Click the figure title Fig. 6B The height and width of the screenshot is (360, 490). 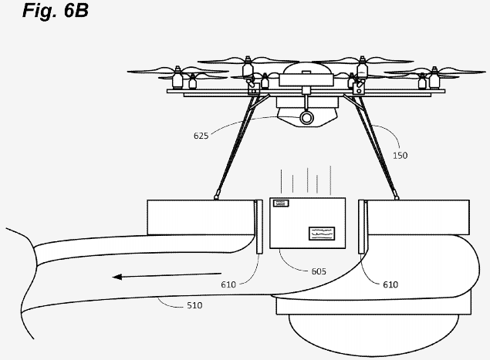pyautogui.click(x=45, y=12)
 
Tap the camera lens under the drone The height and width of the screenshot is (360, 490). pyautogui.click(x=308, y=118)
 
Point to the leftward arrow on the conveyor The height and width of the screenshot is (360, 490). pyautogui.click(x=150, y=275)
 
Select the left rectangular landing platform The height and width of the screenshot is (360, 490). pyautogui.click(x=201, y=216)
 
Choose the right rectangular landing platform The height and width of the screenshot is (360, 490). pyautogui.click(x=417, y=216)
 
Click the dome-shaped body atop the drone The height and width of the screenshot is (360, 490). pyautogui.click(x=307, y=72)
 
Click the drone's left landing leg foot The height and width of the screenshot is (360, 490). pyautogui.click(x=217, y=195)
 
